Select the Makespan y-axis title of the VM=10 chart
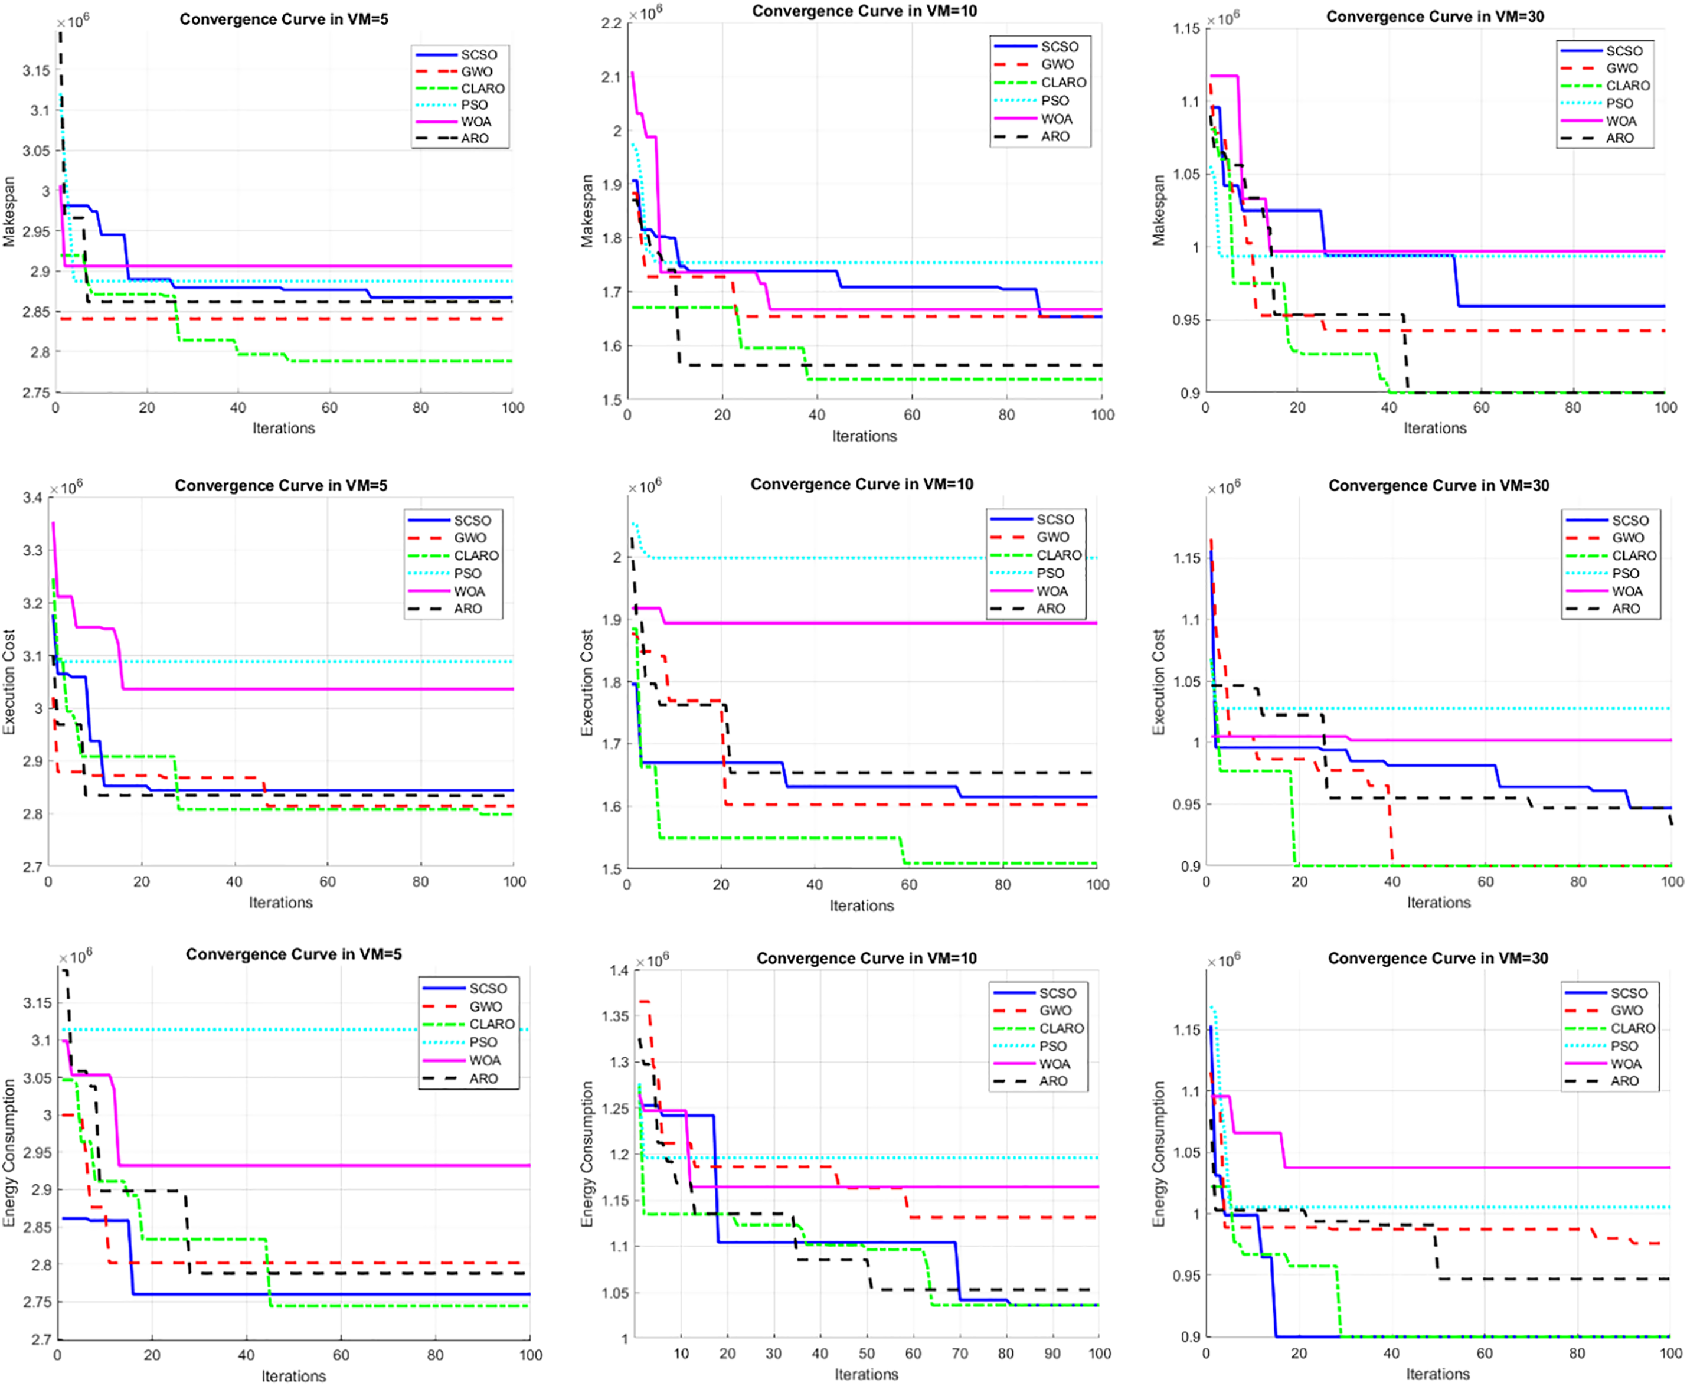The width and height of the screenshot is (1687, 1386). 587,211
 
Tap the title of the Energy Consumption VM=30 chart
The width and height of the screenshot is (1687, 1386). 1437,958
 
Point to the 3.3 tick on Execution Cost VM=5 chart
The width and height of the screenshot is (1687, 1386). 32,551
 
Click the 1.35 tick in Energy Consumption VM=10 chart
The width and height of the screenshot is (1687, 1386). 614,1016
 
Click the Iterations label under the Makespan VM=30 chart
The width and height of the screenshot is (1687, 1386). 1435,429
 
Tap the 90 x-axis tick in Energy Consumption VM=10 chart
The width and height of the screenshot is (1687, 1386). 1053,1354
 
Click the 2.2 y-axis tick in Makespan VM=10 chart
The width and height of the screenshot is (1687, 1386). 611,23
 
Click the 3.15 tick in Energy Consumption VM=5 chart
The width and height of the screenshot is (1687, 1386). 38,1003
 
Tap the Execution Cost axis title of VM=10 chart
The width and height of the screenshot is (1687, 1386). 587,682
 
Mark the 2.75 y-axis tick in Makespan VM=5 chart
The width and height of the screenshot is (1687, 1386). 35,393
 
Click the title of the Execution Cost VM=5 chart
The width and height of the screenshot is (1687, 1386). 280,485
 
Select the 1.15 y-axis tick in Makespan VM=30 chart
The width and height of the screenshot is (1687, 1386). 1186,29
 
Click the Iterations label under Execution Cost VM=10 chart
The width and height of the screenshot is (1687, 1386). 861,906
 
